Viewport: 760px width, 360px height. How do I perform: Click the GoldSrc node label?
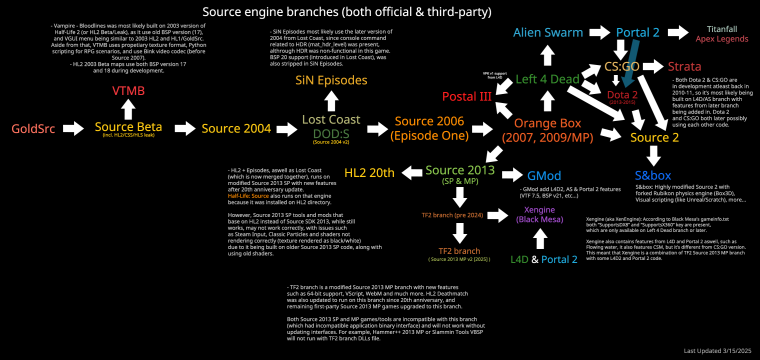coord(31,129)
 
